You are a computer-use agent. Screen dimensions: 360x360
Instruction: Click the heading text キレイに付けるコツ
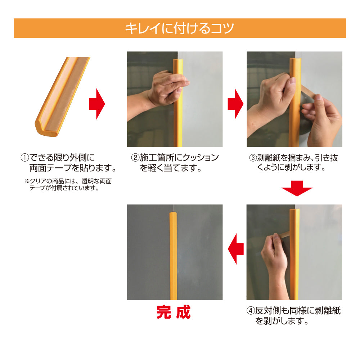click(x=180, y=28)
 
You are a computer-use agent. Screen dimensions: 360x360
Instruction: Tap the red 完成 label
click(x=173, y=312)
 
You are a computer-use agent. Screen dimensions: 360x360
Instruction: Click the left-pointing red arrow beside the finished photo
click(x=236, y=248)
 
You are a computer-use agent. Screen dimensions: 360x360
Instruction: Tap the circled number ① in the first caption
click(x=24, y=158)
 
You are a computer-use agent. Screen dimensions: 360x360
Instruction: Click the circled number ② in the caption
click(x=135, y=158)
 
